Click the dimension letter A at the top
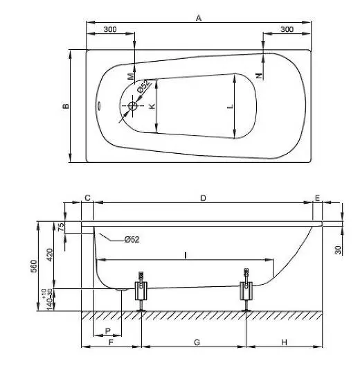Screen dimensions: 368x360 pyautogui.click(x=198, y=19)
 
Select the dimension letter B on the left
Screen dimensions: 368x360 pyautogui.click(x=64, y=106)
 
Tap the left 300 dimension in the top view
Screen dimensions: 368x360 pyautogui.click(x=109, y=29)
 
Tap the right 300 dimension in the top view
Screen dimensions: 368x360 pyautogui.click(x=287, y=29)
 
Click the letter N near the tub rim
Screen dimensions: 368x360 pyautogui.click(x=259, y=75)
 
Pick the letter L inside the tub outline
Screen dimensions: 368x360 pyautogui.click(x=231, y=106)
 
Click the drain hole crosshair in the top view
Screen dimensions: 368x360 pyautogui.click(x=133, y=106)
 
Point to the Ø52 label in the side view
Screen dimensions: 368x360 pyautogui.click(x=132, y=240)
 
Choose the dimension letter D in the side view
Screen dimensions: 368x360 pyautogui.click(x=203, y=198)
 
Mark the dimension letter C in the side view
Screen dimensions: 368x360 pyautogui.click(x=87, y=198)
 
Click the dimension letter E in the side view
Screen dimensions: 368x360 pyautogui.click(x=317, y=198)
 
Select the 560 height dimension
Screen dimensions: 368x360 pyautogui.click(x=42, y=268)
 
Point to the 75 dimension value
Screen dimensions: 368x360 pyautogui.click(x=60, y=227)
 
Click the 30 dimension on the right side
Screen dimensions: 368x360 pyautogui.click(x=338, y=249)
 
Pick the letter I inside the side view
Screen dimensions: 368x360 pyautogui.click(x=186, y=254)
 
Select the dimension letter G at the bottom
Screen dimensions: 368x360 pyautogui.click(x=196, y=342)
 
